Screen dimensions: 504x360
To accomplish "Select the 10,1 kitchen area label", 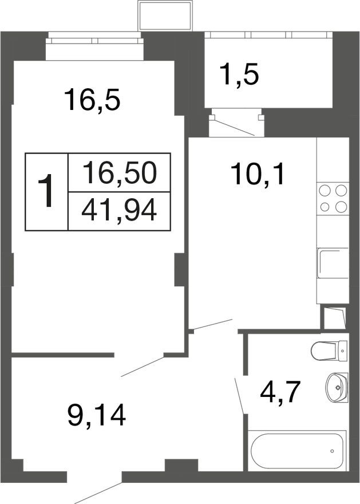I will coord(257,173).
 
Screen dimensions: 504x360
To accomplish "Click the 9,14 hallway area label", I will coord(96,414).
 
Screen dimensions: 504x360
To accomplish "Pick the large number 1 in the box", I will coord(48,192).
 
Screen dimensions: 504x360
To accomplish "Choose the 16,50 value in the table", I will coord(119,172).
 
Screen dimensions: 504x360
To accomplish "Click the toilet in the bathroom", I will coord(330,351).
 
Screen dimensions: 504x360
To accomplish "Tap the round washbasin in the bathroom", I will coord(335,387).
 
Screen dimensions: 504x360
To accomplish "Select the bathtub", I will coord(298,450).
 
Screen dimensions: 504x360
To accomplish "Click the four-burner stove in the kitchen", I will coord(333,199).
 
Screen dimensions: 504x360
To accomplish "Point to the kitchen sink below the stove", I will coord(333,264).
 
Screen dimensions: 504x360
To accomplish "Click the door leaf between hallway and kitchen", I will coord(212,324).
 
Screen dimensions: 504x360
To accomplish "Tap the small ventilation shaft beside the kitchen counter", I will coord(334,318).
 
